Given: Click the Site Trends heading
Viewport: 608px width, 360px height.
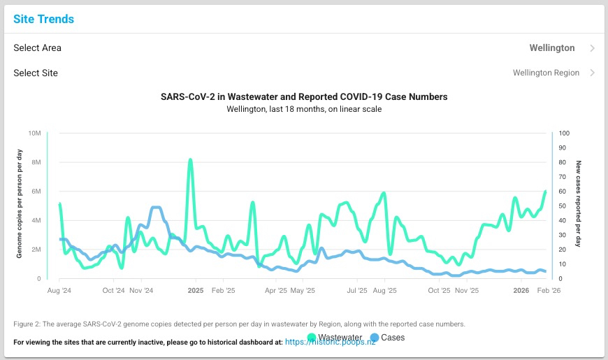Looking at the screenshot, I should [43, 19].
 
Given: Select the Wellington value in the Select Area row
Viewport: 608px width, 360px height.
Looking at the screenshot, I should [552, 48].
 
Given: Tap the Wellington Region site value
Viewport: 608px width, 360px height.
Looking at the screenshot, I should [546, 73].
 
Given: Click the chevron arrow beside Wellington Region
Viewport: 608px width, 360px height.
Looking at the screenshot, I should [593, 73].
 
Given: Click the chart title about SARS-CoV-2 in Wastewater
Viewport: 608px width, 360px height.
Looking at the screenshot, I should [304, 97].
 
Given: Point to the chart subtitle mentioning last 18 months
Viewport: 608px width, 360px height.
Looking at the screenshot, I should [304, 109].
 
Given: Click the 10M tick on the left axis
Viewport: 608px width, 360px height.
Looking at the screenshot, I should [34, 133].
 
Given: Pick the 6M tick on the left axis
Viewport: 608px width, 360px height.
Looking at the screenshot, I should [36, 192].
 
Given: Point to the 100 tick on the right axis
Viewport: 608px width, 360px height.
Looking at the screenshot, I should [564, 133].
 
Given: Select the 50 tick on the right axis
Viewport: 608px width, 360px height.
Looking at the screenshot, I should [563, 206].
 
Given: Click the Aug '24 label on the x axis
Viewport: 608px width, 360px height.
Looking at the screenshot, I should [59, 290].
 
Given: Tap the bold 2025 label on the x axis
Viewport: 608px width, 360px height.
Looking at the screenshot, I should [195, 290].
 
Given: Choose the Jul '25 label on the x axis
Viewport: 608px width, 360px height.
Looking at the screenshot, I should [357, 290].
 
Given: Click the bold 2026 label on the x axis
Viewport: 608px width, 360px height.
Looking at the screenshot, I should [521, 290].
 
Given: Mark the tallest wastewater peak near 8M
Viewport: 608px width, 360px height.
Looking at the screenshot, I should [190, 160].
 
